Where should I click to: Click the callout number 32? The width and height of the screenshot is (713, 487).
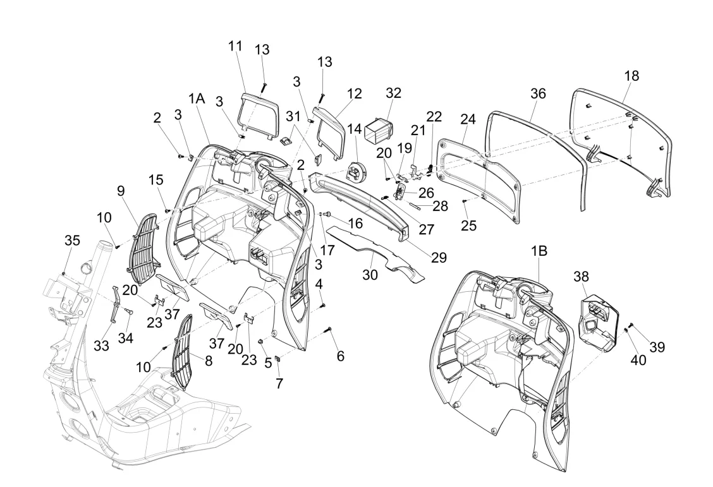[x=393, y=92]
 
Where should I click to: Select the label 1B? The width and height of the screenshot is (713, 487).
[x=539, y=250]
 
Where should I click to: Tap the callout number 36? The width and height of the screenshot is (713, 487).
[x=537, y=92]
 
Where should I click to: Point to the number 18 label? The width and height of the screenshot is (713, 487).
[x=631, y=76]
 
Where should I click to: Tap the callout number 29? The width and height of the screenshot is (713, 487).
[x=439, y=257]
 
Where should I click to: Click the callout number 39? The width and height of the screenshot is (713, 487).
[x=657, y=347]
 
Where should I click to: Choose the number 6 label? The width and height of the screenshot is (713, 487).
[x=340, y=356]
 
